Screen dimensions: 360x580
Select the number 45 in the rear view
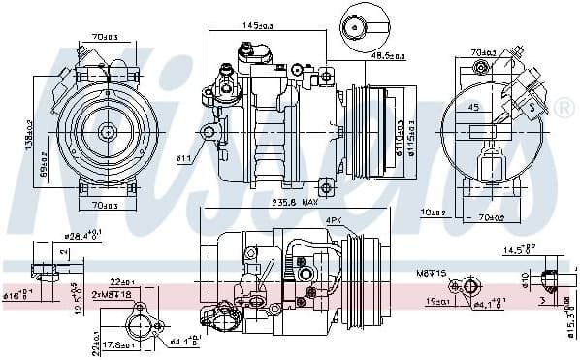[474, 108]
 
